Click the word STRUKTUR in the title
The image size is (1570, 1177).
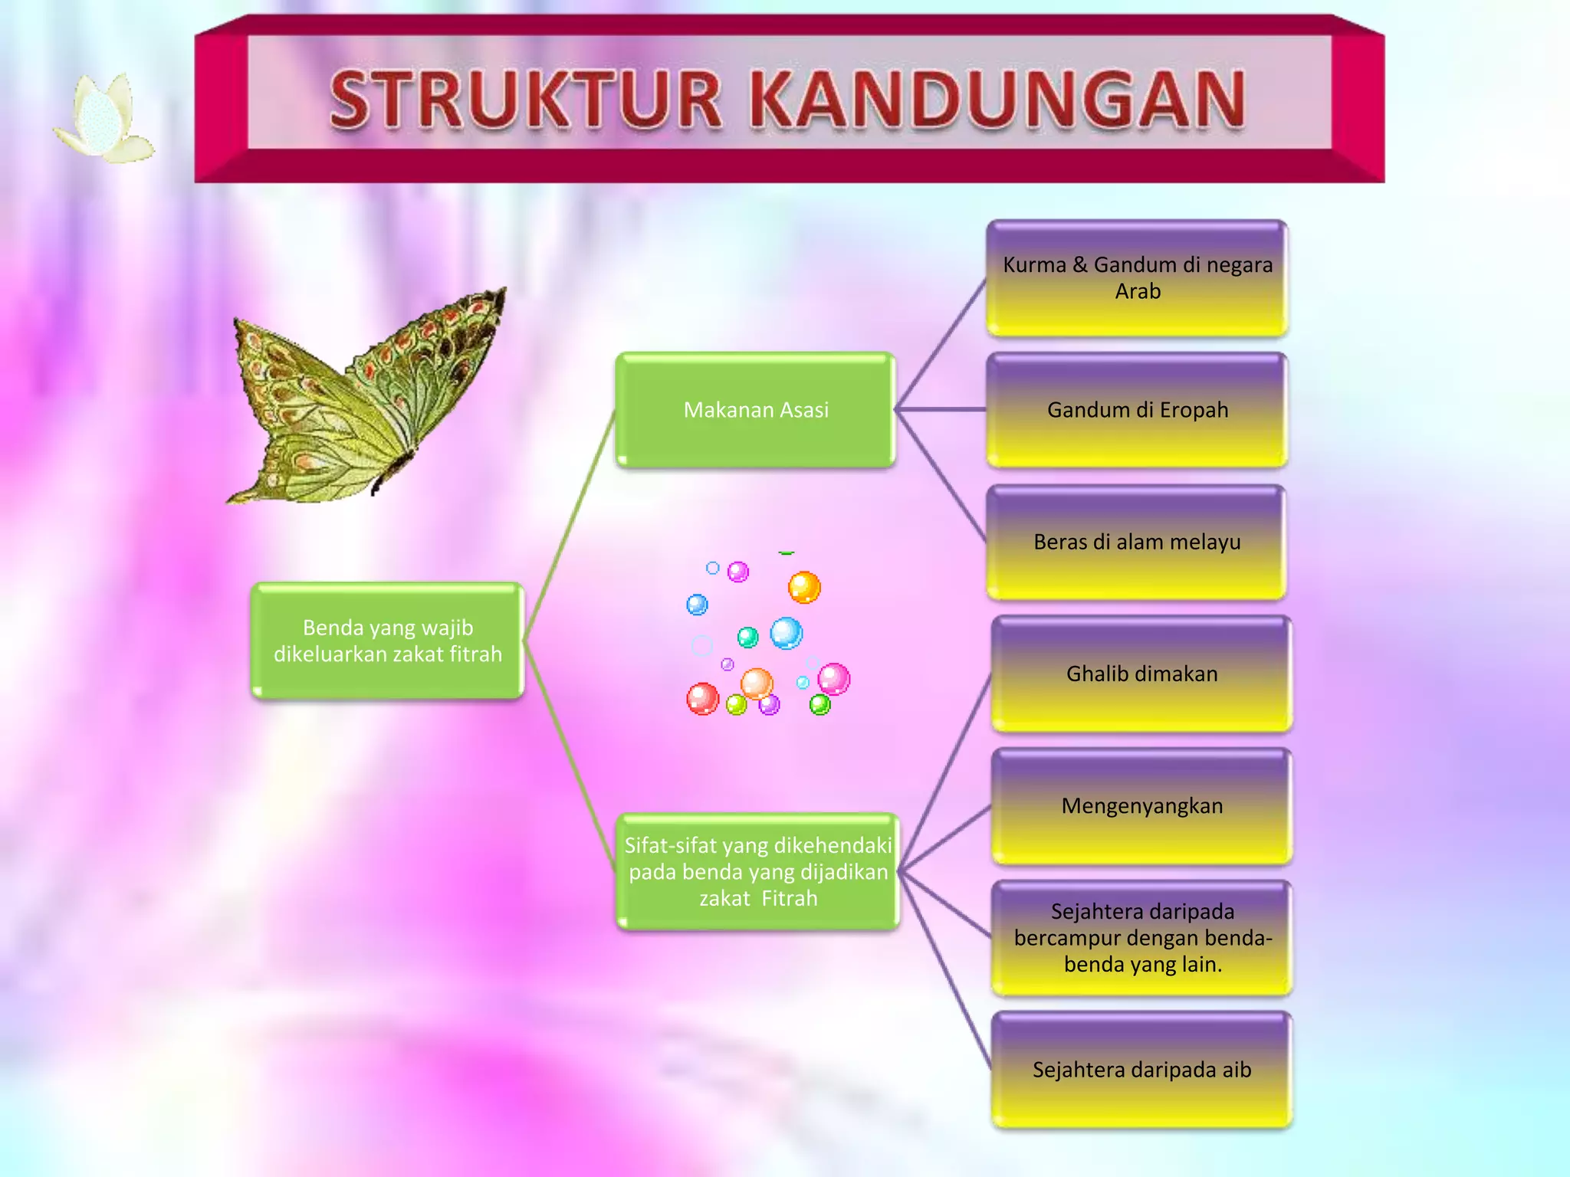526,100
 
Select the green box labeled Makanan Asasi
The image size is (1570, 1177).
756,410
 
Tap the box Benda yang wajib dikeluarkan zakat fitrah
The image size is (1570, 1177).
388,641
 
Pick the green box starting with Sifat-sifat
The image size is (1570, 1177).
757,872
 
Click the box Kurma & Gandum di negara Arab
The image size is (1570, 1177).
1137,278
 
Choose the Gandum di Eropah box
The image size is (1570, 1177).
1137,410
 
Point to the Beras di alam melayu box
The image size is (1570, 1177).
1137,543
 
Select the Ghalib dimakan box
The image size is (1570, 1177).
1141,674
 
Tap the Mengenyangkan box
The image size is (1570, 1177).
1141,806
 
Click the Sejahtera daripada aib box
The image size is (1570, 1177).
1141,1070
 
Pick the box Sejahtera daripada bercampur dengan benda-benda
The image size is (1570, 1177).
1141,938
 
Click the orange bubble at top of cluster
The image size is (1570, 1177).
804,588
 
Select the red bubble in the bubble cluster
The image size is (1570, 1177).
702,699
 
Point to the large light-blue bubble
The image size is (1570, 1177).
786,633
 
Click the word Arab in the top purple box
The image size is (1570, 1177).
1138,292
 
